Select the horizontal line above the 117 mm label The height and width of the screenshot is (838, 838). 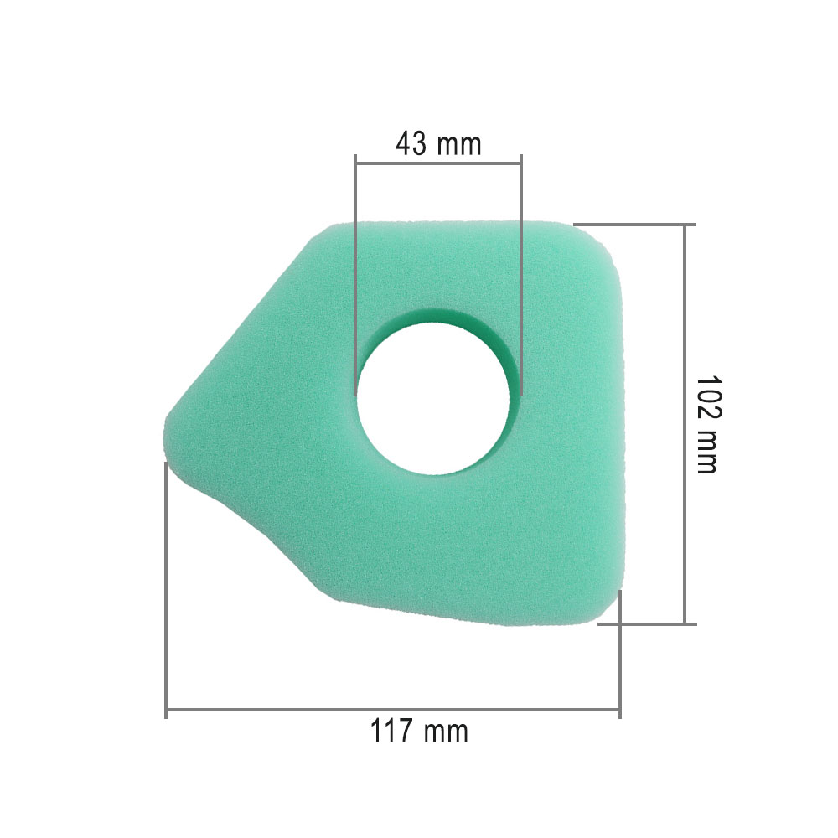[393, 713]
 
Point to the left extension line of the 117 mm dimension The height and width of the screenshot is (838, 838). [167, 587]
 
